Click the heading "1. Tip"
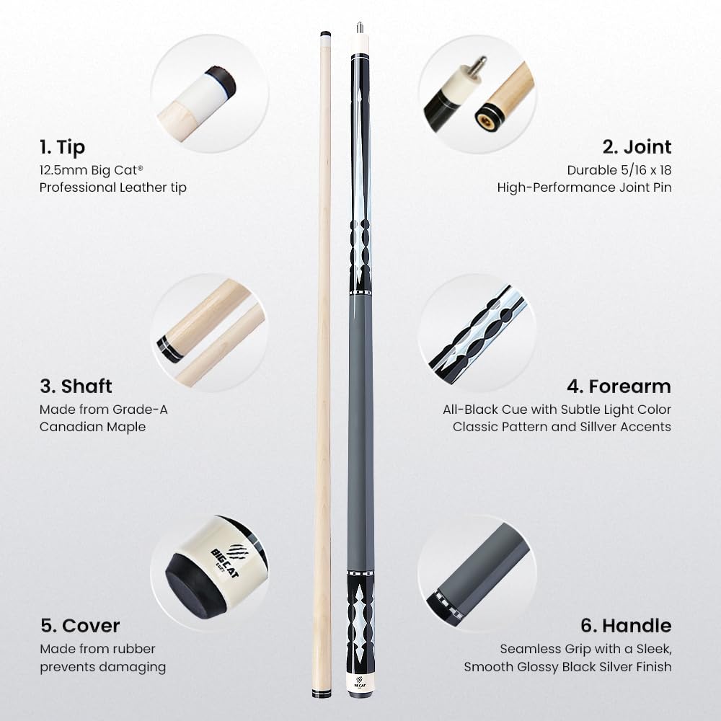pyautogui.click(x=62, y=147)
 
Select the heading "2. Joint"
pyautogui.click(x=637, y=147)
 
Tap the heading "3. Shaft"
pyautogui.click(x=76, y=386)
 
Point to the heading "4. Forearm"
pyautogui.click(x=619, y=386)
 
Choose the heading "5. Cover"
pyautogui.click(x=79, y=625)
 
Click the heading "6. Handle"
pyautogui.click(x=626, y=625)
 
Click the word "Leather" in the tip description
pyautogui.click(x=134, y=187)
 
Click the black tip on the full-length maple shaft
pyautogui.click(x=324, y=32)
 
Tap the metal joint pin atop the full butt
pyautogui.click(x=360, y=28)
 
